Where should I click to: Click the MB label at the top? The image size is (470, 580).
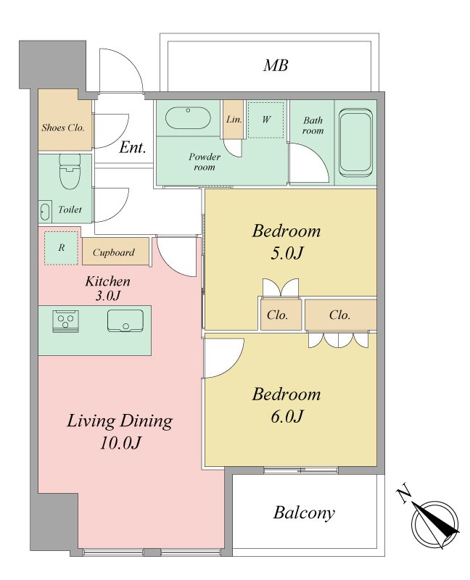click(276, 65)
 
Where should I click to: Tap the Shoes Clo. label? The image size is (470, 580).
click(63, 128)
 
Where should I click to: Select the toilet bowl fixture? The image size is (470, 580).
click(70, 171)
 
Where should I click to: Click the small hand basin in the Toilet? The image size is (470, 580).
click(45, 212)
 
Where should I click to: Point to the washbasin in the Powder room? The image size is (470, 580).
click(188, 118)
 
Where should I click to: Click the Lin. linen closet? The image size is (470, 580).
click(234, 120)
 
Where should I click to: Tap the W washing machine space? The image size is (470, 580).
click(265, 120)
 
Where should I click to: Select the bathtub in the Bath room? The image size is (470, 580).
click(355, 142)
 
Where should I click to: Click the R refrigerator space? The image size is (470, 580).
click(62, 248)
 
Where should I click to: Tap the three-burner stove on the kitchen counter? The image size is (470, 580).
click(65, 320)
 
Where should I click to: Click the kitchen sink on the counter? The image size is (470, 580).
click(125, 320)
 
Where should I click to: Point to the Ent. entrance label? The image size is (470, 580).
click(133, 148)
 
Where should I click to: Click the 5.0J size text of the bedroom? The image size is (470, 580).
click(286, 253)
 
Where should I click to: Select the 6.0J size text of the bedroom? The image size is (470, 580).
click(286, 416)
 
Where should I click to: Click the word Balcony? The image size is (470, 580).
click(304, 513)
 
